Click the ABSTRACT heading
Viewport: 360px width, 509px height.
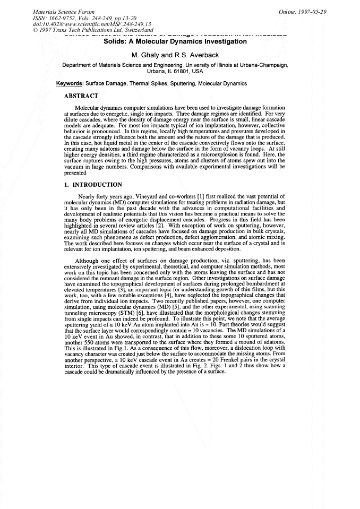[x=81, y=96]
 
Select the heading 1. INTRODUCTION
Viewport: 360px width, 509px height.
[x=93, y=185]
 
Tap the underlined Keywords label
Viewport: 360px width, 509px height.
[x=70, y=83]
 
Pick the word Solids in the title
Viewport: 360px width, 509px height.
[x=116, y=43]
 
